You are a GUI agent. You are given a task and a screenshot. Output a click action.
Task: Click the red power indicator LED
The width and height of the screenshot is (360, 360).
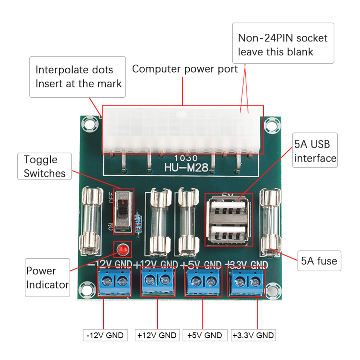[122, 249]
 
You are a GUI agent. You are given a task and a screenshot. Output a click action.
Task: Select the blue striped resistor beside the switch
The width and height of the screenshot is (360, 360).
[138, 223]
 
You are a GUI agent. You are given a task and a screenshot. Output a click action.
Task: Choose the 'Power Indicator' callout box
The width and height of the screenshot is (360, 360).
[47, 277]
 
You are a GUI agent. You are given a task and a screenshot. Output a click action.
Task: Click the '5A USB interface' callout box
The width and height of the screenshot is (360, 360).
[315, 151]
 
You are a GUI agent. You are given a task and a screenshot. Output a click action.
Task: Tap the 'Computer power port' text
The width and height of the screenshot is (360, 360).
[185, 69]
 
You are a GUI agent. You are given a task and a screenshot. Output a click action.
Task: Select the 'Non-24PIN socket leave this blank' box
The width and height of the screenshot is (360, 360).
[283, 45]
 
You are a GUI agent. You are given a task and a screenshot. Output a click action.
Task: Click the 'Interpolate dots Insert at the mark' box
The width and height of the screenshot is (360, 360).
[78, 77]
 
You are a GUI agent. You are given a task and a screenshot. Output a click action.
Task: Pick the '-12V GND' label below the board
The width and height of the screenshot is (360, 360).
[105, 336]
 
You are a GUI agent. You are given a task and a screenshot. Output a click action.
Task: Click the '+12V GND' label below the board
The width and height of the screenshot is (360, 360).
[157, 336]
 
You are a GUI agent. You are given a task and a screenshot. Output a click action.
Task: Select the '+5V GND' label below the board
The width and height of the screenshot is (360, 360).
[205, 336]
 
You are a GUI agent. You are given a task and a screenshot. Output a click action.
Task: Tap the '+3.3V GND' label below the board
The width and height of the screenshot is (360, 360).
[253, 336]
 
